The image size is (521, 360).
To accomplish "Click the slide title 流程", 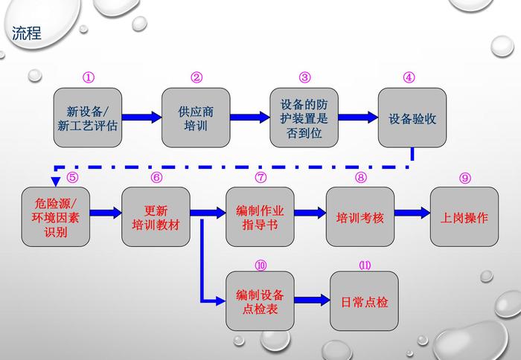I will (27, 33).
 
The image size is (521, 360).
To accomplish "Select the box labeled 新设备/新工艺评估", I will (88, 118).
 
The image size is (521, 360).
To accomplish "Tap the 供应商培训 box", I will (196, 118).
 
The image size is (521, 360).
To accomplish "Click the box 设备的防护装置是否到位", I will (304, 118).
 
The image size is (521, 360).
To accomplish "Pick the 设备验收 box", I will (412, 118).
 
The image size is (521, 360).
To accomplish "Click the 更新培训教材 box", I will (156, 216).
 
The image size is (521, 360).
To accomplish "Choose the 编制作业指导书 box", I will (260, 216).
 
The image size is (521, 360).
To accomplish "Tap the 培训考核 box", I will (360, 216).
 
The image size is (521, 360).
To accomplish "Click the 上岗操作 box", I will (464, 216).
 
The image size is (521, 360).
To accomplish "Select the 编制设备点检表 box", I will (260, 301).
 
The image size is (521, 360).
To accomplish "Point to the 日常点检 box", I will (364, 301).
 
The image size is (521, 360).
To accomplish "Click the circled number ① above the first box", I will (89, 77).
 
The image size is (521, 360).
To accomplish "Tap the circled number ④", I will (409, 77).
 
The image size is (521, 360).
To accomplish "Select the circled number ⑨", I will (465, 178).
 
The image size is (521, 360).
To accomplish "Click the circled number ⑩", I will (260, 266).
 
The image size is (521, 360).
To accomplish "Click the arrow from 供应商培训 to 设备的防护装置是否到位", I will (249, 117).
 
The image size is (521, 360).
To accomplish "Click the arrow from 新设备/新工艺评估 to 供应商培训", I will (141, 117).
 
